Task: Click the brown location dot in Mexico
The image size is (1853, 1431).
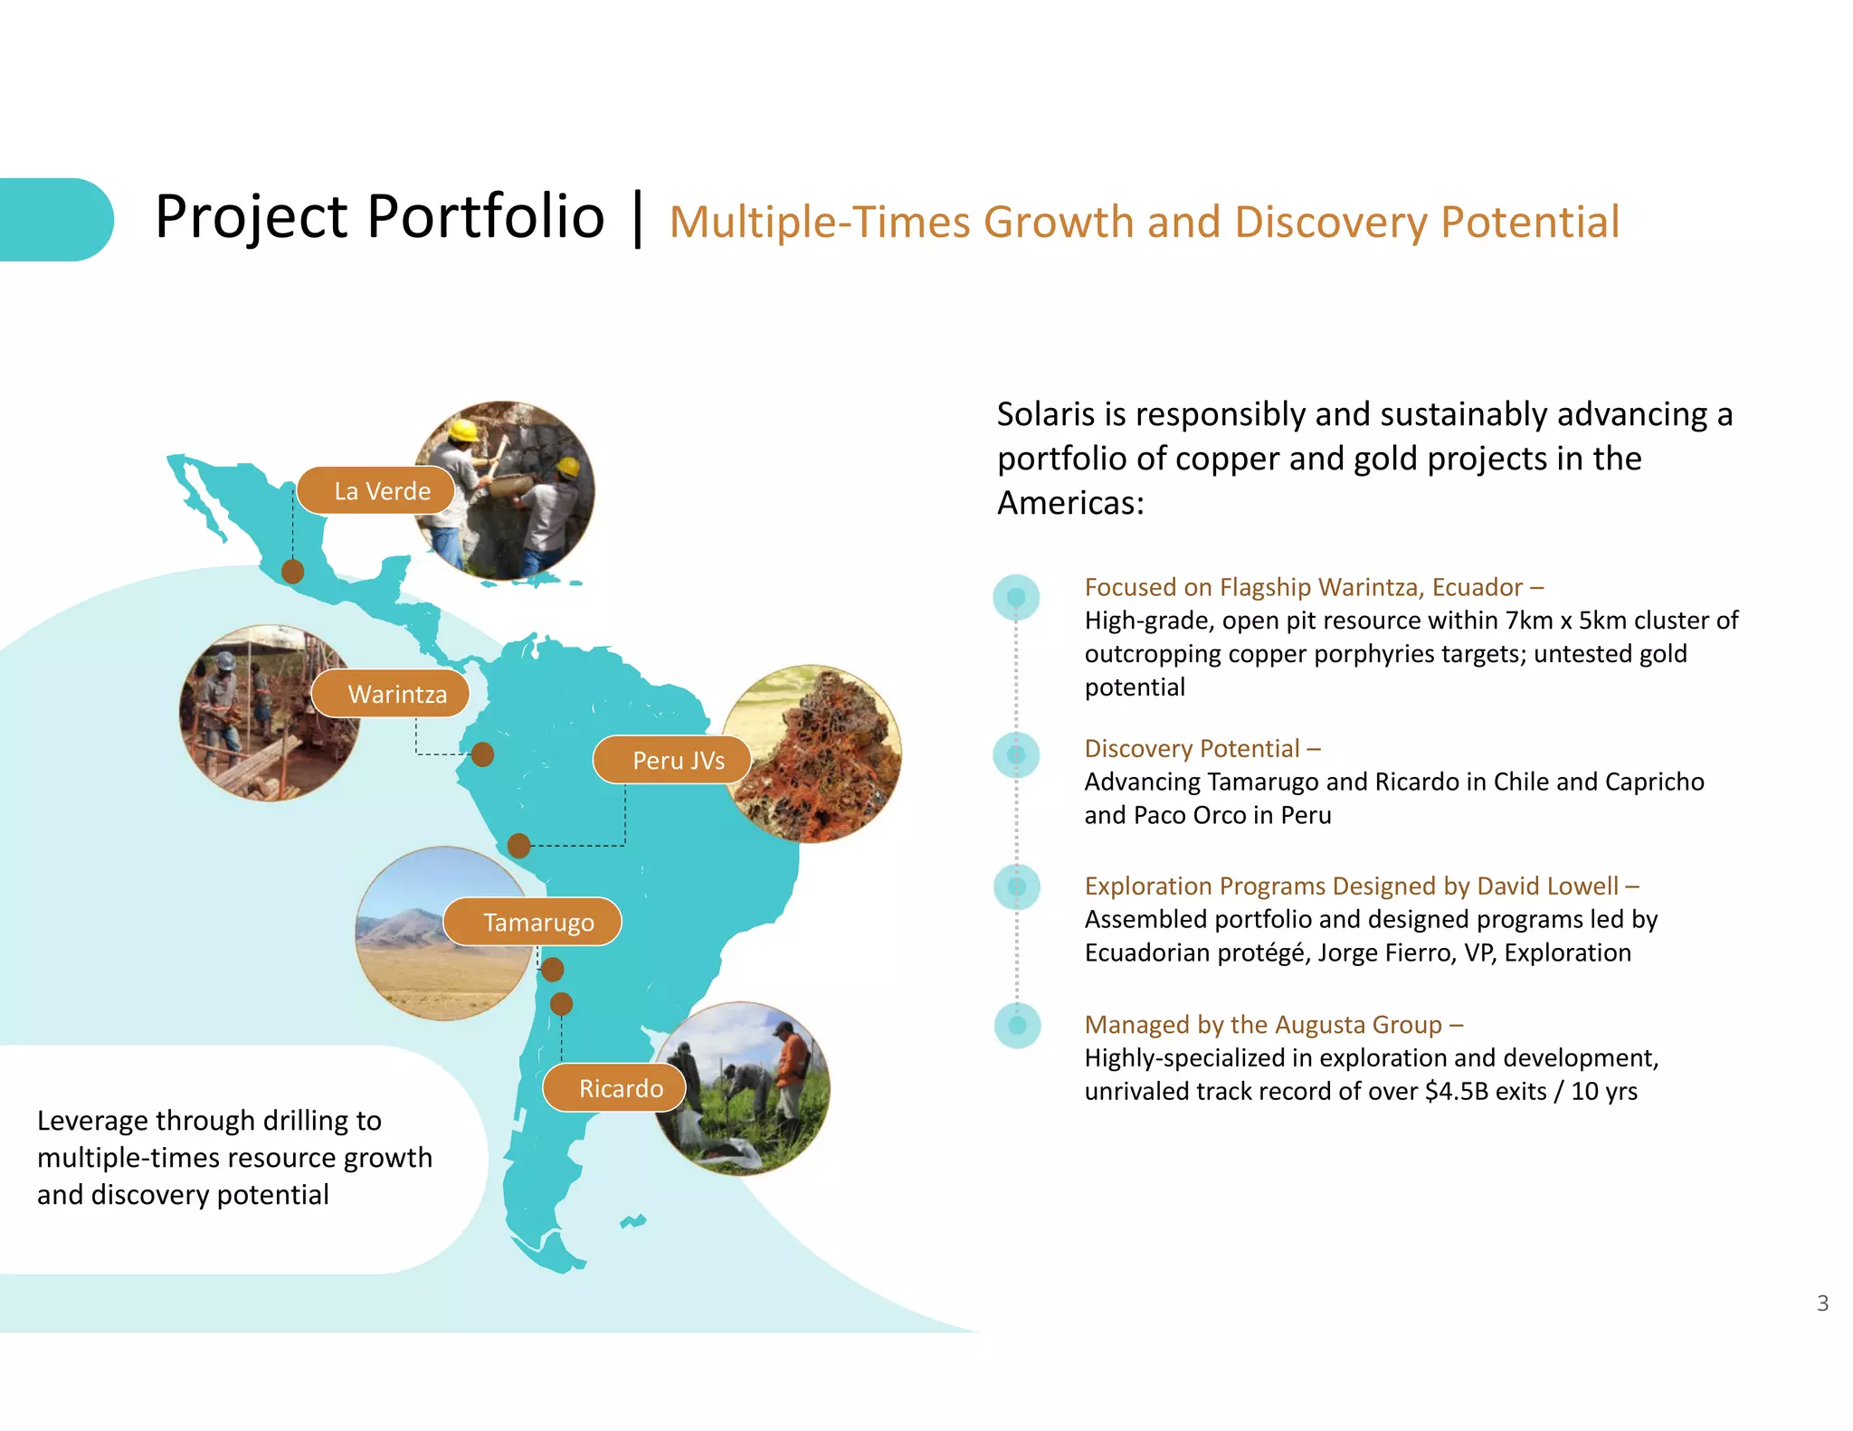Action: (x=292, y=572)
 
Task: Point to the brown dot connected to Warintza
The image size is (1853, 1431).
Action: (x=483, y=754)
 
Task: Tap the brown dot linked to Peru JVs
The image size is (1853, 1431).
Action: (x=518, y=846)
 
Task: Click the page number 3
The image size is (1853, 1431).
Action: (x=1822, y=1303)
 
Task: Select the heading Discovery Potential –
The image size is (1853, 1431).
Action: (x=1202, y=748)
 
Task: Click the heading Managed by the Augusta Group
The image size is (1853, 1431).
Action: (x=1273, y=1024)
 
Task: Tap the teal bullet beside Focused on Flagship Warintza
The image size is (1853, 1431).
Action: (x=1016, y=597)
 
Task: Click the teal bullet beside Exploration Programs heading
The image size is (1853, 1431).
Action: (x=1016, y=886)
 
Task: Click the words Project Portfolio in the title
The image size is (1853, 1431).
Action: (x=379, y=217)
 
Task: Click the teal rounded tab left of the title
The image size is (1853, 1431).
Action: (x=54, y=220)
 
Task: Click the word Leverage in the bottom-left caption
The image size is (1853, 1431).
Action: (x=92, y=1121)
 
